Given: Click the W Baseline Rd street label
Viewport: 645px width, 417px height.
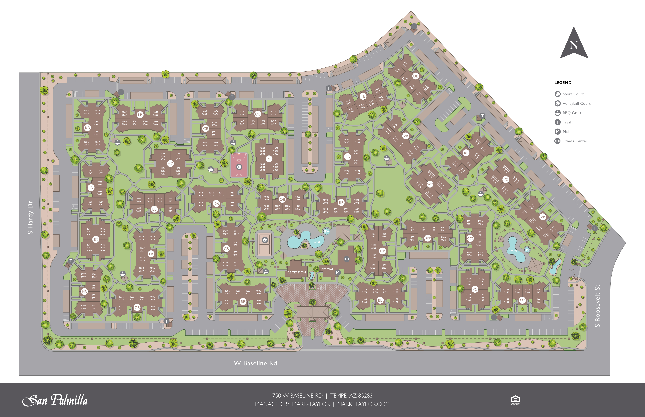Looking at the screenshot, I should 255,363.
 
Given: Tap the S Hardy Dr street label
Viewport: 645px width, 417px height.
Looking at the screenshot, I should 30,217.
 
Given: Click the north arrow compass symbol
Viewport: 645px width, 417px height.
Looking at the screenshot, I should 574,43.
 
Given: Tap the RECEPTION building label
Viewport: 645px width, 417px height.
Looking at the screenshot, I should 296,272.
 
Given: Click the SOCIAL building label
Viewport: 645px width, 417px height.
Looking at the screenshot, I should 328,269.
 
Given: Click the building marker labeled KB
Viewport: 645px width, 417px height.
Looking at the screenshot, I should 87,128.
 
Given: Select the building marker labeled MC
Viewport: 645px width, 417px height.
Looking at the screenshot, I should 170,164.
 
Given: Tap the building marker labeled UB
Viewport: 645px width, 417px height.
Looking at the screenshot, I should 415,76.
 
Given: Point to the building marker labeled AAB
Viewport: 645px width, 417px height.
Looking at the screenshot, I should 522,300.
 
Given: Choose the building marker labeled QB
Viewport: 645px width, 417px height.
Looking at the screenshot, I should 282,199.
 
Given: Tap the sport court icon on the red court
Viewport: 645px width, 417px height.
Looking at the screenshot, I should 239,167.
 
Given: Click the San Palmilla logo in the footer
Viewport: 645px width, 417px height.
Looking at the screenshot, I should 55,400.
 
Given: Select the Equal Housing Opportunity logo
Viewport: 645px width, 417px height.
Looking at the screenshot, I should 515,400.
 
